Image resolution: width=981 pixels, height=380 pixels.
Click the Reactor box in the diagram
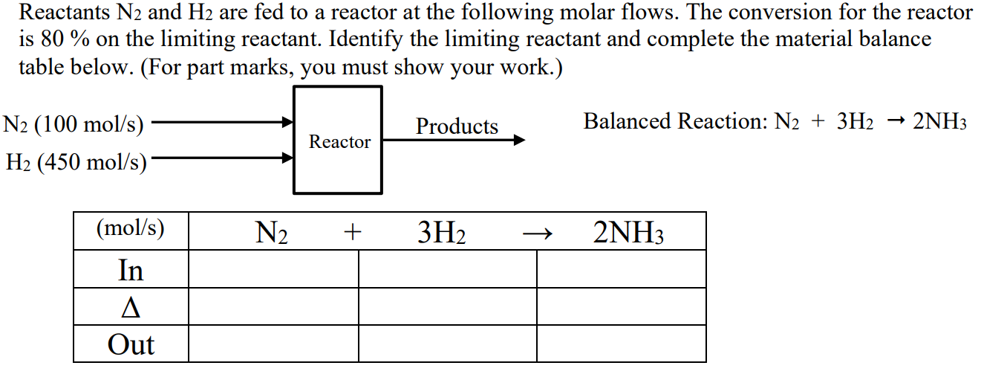coord(339,141)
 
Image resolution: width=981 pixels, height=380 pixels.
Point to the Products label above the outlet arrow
coord(457,126)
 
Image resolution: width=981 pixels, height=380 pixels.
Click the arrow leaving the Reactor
coord(453,140)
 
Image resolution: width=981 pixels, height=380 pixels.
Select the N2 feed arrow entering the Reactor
coord(223,121)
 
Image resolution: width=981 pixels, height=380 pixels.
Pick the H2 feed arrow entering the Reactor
coord(223,158)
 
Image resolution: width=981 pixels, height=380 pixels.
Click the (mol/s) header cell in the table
coord(131,230)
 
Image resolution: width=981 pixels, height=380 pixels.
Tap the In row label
coord(131,269)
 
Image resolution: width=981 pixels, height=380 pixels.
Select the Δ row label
coord(131,307)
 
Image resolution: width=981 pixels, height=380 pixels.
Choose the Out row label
coord(131,344)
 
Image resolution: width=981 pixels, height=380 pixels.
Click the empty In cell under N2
coord(273,269)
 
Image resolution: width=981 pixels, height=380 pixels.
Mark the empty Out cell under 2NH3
coord(621,344)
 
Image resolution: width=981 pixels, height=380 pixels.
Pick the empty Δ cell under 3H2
coord(447,307)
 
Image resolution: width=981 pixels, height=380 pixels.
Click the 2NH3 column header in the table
coord(628,234)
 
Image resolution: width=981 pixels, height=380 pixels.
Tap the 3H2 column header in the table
coord(442,234)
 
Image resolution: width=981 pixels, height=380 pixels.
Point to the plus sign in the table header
coord(352,234)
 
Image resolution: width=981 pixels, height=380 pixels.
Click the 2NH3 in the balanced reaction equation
coord(939,121)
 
